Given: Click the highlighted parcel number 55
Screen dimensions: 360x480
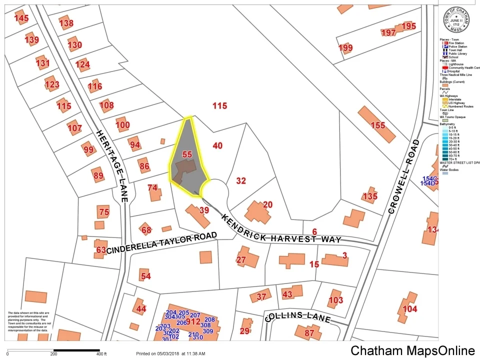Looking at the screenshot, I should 187,155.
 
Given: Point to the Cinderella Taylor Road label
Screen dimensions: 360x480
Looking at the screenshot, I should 161,243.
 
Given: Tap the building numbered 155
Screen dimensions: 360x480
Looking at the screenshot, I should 378,125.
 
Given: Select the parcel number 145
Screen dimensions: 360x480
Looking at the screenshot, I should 21,19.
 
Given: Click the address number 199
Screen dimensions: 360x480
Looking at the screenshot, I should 345,48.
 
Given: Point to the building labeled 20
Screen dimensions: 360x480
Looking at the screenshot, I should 267,204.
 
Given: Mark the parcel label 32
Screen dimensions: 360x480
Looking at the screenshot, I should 241,181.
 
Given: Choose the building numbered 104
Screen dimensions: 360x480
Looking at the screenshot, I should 409,309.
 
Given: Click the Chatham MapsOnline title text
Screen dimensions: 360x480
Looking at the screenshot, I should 412,350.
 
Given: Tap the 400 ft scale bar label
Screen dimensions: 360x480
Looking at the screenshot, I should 101,354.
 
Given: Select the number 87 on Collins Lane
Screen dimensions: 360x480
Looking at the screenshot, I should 309,333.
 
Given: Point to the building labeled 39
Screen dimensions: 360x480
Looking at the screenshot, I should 204,210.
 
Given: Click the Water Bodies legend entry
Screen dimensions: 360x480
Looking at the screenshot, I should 449,170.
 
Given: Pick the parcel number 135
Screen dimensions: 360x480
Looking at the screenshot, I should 370,196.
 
